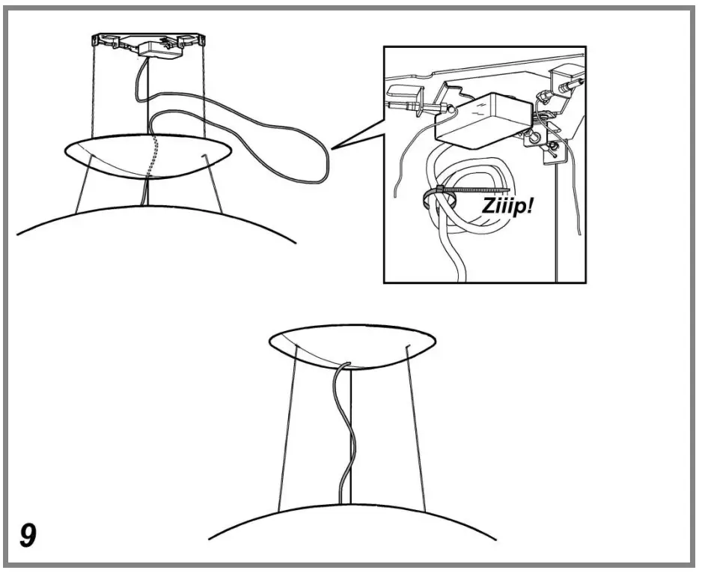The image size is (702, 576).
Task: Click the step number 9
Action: pyautogui.click(x=28, y=535)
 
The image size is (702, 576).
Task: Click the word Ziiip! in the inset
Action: pyautogui.click(x=507, y=207)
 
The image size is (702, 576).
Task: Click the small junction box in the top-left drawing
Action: pyautogui.click(x=160, y=49)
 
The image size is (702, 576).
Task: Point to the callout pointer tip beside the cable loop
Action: pyautogui.click(x=332, y=149)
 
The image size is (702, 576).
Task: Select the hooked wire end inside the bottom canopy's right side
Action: pyautogui.click(x=407, y=348)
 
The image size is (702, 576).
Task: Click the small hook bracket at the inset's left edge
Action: pyautogui.click(x=404, y=95)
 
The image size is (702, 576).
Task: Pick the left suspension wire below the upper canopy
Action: pyautogui.click(x=84, y=184)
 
